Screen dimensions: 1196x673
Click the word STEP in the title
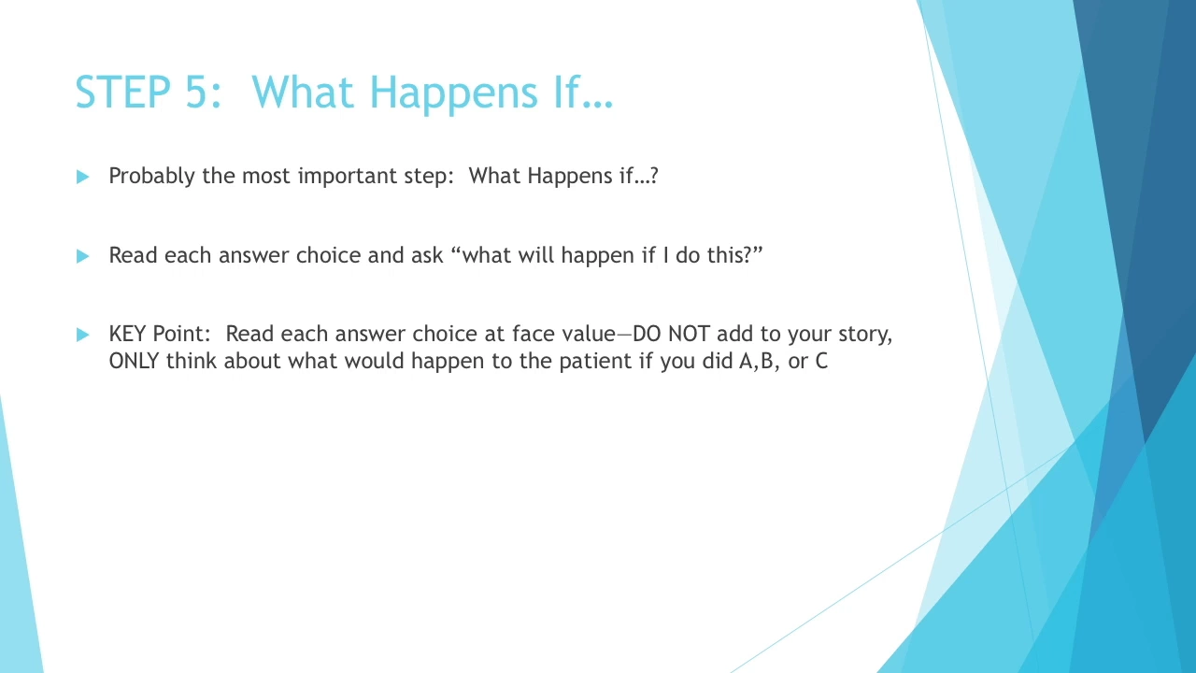click(x=123, y=92)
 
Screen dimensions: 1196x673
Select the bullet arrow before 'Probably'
click(x=83, y=177)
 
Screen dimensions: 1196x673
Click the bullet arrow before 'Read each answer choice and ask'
click(x=83, y=256)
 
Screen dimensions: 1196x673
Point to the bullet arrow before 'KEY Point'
click(x=83, y=335)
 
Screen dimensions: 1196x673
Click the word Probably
click(x=151, y=177)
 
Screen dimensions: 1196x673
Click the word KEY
click(x=128, y=334)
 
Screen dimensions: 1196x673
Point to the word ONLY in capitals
click(x=134, y=361)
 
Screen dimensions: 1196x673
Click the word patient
click(x=595, y=362)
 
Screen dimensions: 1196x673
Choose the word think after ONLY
click(x=192, y=361)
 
